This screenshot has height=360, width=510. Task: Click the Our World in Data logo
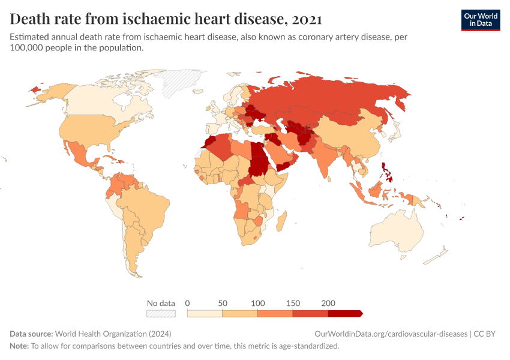point(480,20)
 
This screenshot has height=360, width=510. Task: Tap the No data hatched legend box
point(161,313)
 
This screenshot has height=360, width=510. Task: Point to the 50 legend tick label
point(223,303)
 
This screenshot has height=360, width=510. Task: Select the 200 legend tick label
point(328,303)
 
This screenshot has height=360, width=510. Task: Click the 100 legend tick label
point(257,303)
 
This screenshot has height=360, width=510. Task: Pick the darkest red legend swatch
point(344,313)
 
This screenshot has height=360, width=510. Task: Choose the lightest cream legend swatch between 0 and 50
point(205,313)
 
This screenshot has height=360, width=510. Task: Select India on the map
point(326,159)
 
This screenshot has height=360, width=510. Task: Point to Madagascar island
point(280,220)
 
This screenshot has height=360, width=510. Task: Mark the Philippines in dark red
point(386,170)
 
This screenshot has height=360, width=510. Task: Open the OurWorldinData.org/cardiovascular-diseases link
point(391,334)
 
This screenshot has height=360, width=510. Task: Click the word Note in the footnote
point(19,346)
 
